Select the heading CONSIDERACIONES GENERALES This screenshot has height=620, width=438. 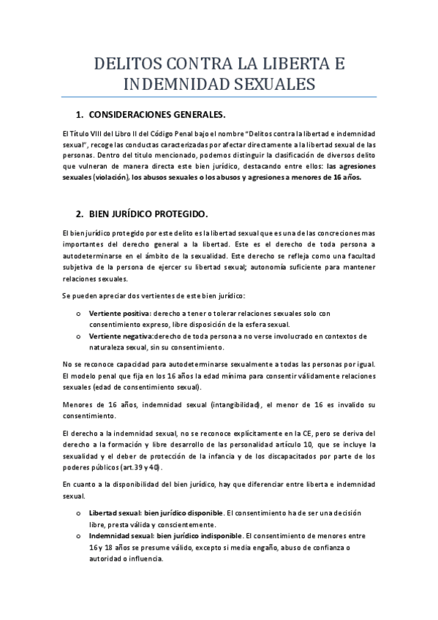click(x=156, y=115)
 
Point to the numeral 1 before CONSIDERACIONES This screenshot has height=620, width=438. click(x=79, y=115)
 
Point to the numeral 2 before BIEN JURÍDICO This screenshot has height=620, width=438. click(x=79, y=213)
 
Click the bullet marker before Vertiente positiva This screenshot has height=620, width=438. click(x=78, y=314)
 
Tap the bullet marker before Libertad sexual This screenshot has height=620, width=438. click(x=78, y=513)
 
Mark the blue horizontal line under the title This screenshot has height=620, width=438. click(x=219, y=97)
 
